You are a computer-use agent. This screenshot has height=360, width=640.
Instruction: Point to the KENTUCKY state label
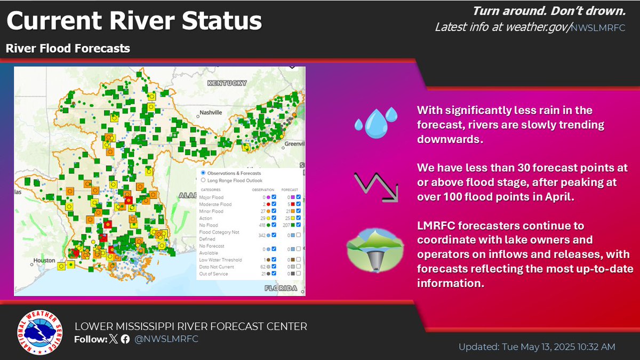pyautogui.click(x=227, y=83)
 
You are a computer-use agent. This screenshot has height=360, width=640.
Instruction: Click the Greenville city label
pyautogui.click(x=292, y=143)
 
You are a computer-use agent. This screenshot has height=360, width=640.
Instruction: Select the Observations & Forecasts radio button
pyautogui.click(x=203, y=173)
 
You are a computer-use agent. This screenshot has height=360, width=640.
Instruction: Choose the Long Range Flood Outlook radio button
pyautogui.click(x=203, y=180)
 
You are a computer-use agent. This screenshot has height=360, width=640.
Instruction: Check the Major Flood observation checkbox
pyautogui.click(x=274, y=197)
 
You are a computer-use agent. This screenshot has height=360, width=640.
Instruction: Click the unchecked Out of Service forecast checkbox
pyautogui.click(x=299, y=274)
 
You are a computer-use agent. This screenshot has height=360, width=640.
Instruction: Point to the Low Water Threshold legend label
pyautogui.click(x=220, y=260)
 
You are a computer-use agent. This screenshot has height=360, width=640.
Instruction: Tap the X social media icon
pyautogui.click(x=114, y=340)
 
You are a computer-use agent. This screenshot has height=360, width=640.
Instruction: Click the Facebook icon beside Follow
pyautogui.click(x=125, y=340)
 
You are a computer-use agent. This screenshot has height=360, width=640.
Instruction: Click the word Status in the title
pyautogui.click(x=221, y=22)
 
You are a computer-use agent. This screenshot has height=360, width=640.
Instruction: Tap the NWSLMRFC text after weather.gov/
pyautogui.click(x=597, y=28)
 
